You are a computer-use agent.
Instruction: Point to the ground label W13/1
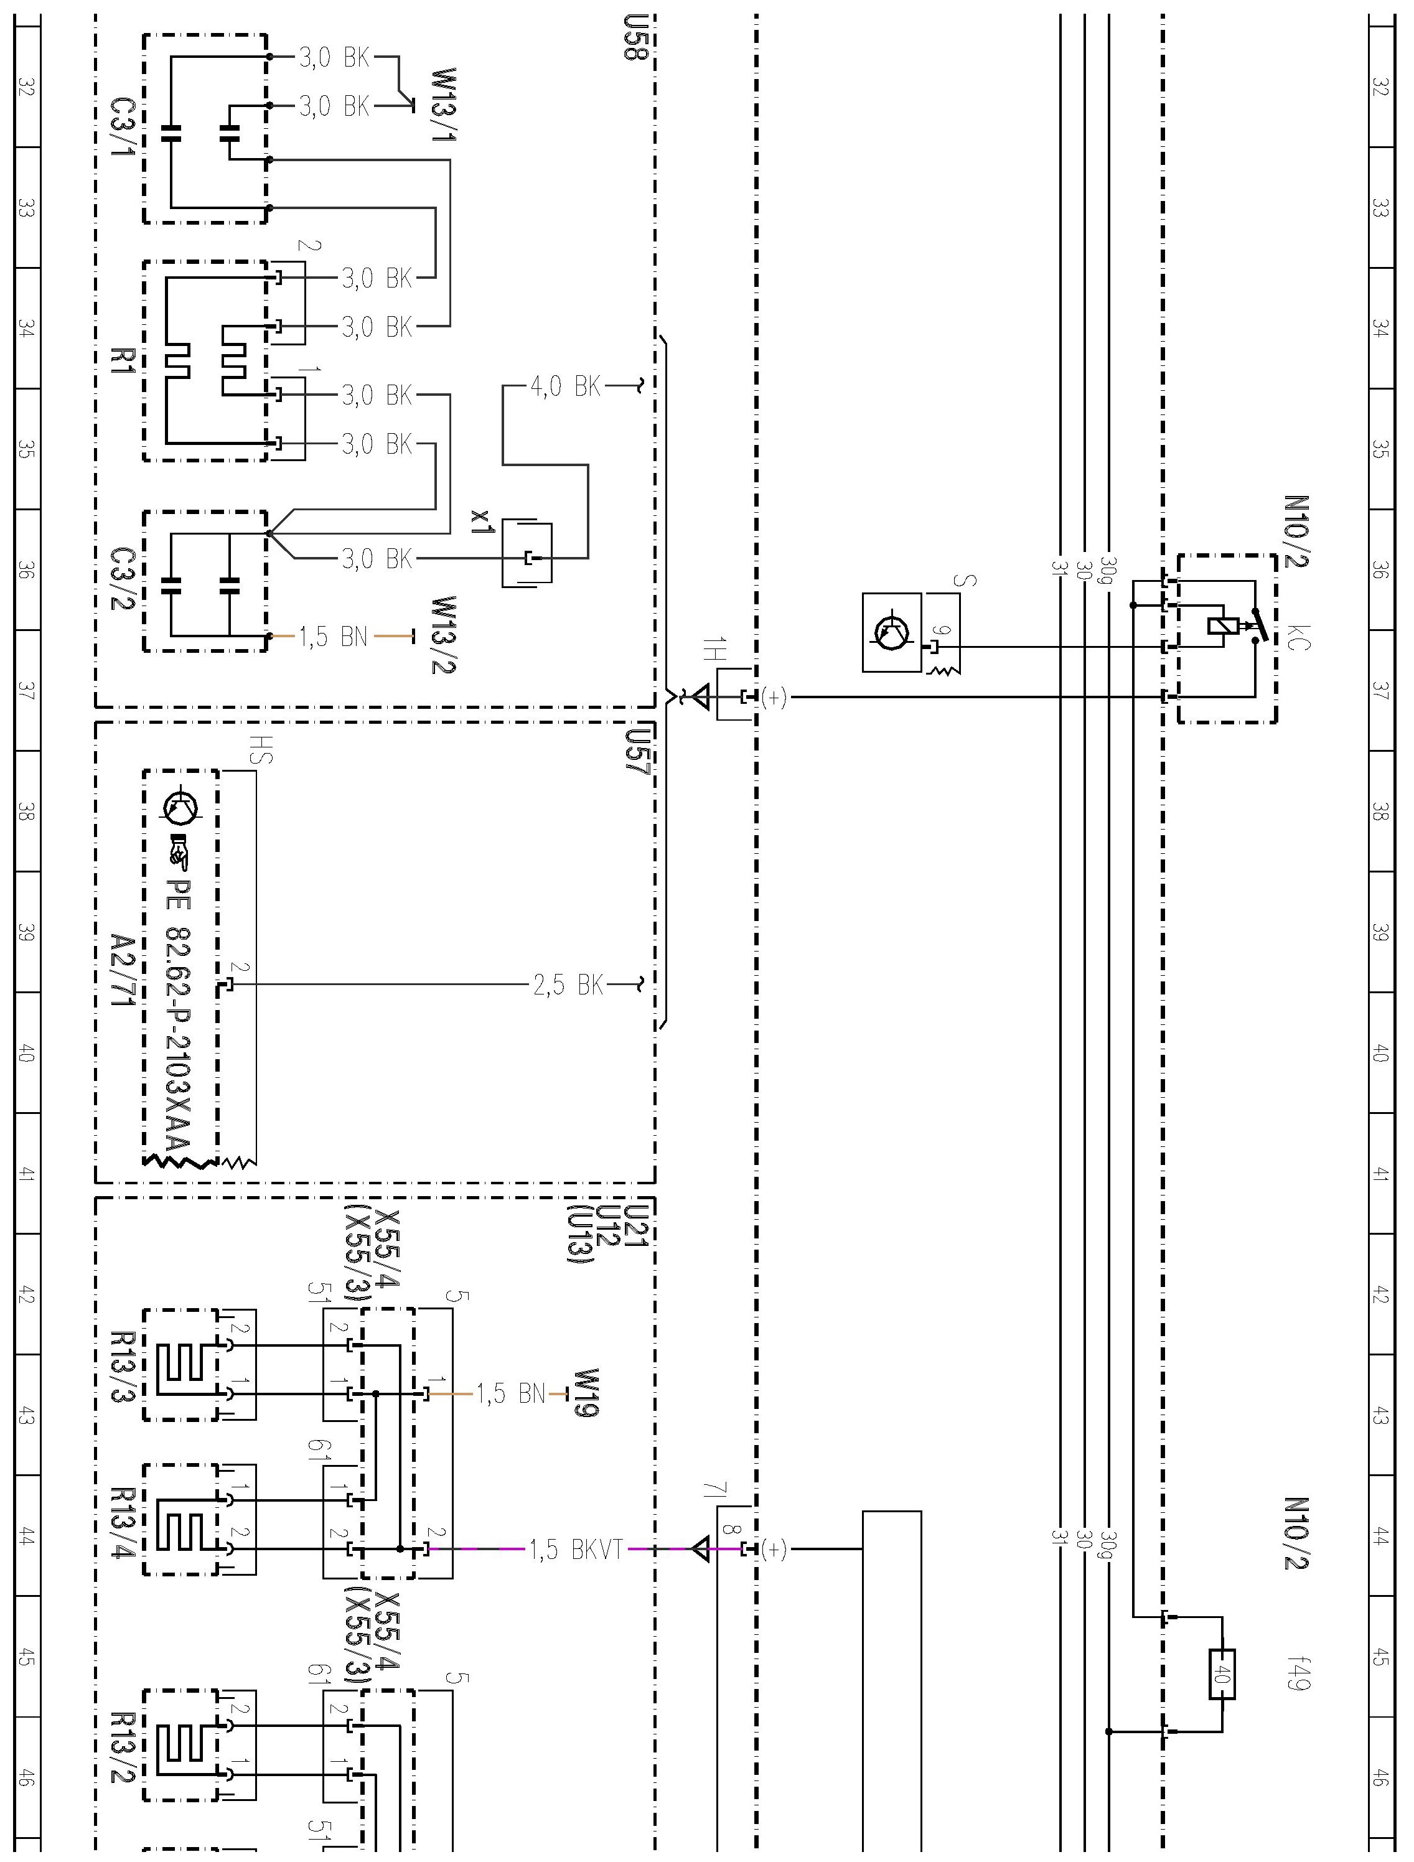(444, 105)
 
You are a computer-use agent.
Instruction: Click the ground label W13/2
(444, 635)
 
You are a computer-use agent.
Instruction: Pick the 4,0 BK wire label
(566, 387)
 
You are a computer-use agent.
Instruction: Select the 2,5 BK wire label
(568, 984)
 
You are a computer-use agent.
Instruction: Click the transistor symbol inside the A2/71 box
(182, 807)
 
